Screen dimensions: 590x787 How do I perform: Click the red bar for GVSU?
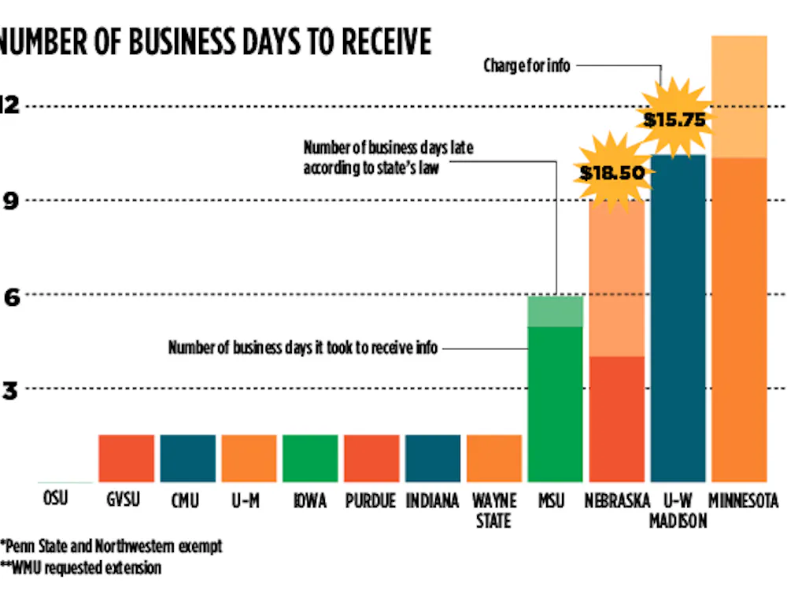click(126, 458)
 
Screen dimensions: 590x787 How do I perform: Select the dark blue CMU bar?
click(187, 458)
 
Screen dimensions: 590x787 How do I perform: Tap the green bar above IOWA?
click(310, 458)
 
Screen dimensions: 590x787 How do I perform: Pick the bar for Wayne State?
click(494, 458)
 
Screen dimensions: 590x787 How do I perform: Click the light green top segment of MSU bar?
click(555, 311)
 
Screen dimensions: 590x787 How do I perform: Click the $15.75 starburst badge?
click(674, 120)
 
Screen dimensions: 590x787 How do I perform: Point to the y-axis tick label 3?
click(9, 389)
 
